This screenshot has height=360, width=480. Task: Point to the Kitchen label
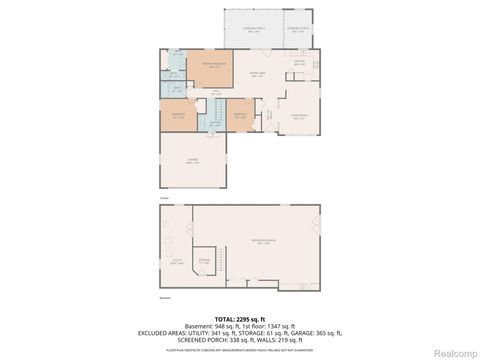coord(297,63)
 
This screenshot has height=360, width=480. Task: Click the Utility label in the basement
coord(176,263)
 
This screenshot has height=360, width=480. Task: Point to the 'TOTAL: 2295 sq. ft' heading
coord(240,318)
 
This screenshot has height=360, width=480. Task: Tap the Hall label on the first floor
coord(214,92)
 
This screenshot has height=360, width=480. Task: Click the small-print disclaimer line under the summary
coord(240,351)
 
